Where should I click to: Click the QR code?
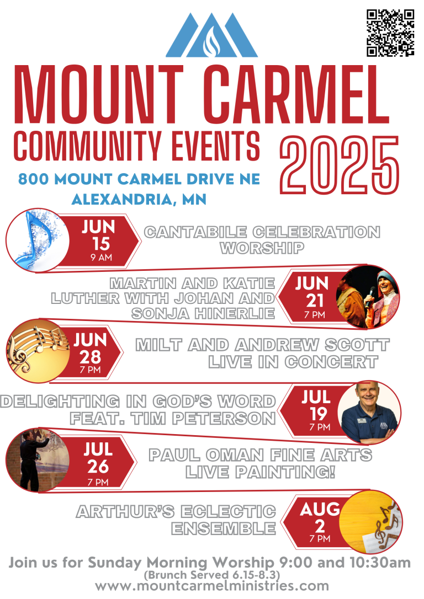[390, 33]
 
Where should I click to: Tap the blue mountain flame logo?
[212, 35]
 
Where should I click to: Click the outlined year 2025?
[340, 165]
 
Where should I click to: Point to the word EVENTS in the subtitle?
[216, 146]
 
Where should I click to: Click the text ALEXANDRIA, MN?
[139, 200]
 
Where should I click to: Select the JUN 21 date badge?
[310, 297]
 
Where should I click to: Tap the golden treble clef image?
[37, 351]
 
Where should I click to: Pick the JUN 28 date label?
[90, 352]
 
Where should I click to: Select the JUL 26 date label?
[98, 463]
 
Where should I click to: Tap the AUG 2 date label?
[320, 521]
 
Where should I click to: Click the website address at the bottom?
[212, 586]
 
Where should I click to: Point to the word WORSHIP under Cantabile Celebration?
[262, 248]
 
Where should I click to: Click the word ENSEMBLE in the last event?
[223, 529]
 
